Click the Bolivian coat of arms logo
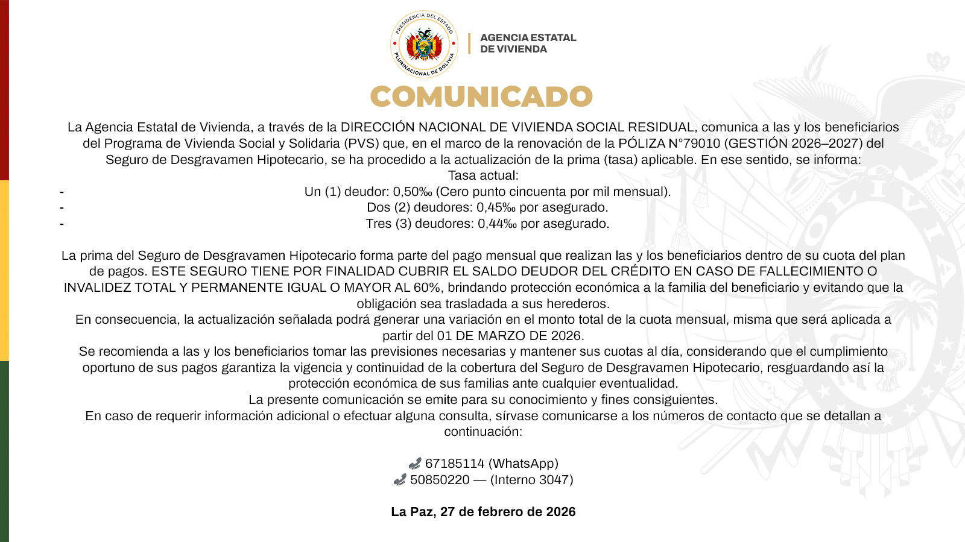coord(424,45)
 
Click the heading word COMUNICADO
coord(481,96)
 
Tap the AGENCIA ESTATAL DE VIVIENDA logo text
coord(528,43)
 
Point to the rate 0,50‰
coord(413,192)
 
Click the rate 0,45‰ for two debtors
coord(496,207)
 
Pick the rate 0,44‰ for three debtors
coord(498,224)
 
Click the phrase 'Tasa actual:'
coord(483,175)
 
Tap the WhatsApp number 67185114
coord(455,464)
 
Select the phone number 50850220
coord(440,480)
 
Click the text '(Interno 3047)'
coord(531,480)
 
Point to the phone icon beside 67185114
coord(414,464)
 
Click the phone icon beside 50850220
coord(399,480)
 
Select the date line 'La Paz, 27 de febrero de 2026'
coord(483,512)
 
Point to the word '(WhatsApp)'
coord(524,464)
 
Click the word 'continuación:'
coord(483,432)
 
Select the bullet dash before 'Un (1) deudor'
coord(62,192)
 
